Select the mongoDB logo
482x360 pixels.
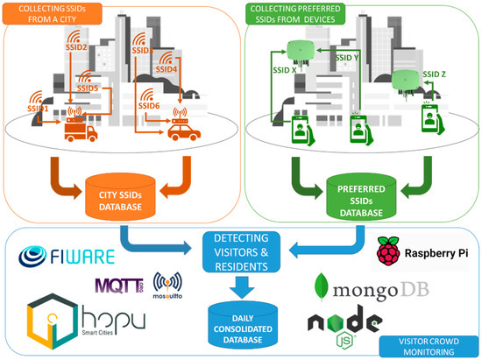click(x=379, y=288)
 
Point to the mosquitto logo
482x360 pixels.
click(x=169, y=286)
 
